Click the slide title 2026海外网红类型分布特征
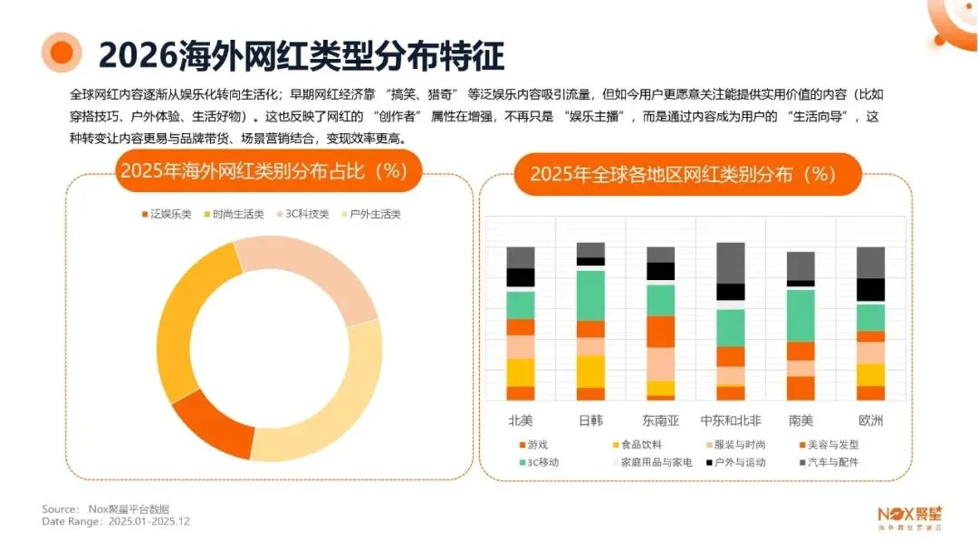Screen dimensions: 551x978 [x=301, y=54]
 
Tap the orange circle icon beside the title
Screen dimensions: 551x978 [x=62, y=53]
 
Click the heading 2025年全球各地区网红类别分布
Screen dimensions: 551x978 [x=682, y=173]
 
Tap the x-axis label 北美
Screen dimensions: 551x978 [x=521, y=420]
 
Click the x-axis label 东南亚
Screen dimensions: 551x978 [x=660, y=420]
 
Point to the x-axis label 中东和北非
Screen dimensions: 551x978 [x=730, y=420]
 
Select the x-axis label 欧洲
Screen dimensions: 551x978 [x=870, y=420]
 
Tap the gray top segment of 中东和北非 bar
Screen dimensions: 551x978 [x=730, y=263]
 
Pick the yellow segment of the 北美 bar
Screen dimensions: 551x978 [x=521, y=372]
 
